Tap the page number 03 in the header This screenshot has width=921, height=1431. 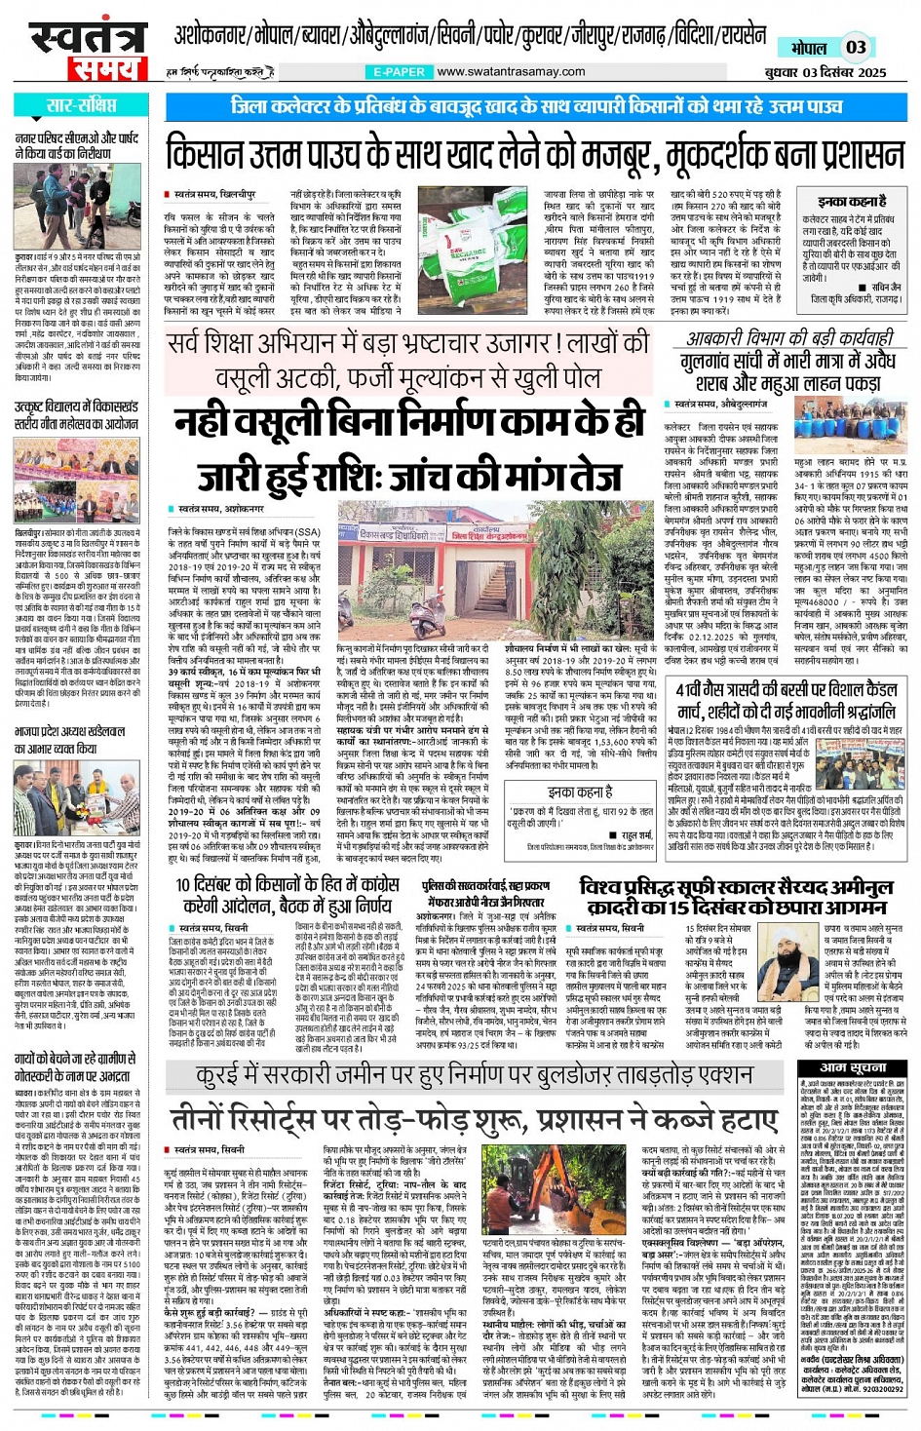point(855,47)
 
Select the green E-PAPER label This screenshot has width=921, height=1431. point(399,72)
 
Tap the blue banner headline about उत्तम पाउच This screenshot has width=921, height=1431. point(537,105)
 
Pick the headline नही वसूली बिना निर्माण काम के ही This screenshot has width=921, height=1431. point(410,421)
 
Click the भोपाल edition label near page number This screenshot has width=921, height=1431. point(808,48)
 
